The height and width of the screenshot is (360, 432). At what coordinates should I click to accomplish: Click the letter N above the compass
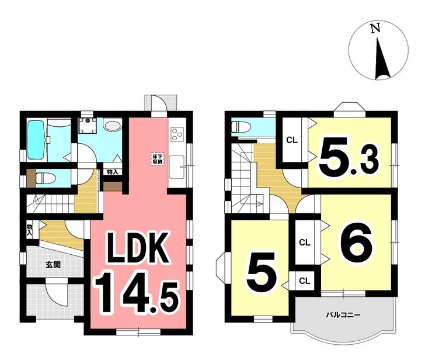(x=375, y=28)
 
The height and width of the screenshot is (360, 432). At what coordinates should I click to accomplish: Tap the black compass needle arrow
(x=382, y=60)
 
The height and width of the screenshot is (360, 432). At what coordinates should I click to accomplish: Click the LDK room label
(x=138, y=248)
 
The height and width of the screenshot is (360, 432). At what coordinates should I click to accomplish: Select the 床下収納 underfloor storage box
(x=157, y=159)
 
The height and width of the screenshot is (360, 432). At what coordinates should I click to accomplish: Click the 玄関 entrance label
(x=53, y=265)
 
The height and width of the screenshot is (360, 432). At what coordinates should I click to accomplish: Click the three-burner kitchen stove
(x=177, y=134)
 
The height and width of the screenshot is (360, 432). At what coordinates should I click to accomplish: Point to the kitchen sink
(x=177, y=167)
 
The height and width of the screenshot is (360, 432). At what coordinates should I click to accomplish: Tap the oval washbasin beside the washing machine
(x=113, y=126)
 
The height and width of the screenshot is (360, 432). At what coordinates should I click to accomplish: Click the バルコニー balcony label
(x=343, y=314)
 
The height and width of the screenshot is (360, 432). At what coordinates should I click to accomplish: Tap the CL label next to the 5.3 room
(x=292, y=140)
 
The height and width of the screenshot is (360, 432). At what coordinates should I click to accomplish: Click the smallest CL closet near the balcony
(x=305, y=281)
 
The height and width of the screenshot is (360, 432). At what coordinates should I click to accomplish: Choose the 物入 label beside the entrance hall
(x=29, y=230)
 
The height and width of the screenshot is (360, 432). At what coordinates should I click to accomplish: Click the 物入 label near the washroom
(x=113, y=172)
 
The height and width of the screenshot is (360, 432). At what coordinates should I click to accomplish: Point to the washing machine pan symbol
(x=88, y=125)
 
